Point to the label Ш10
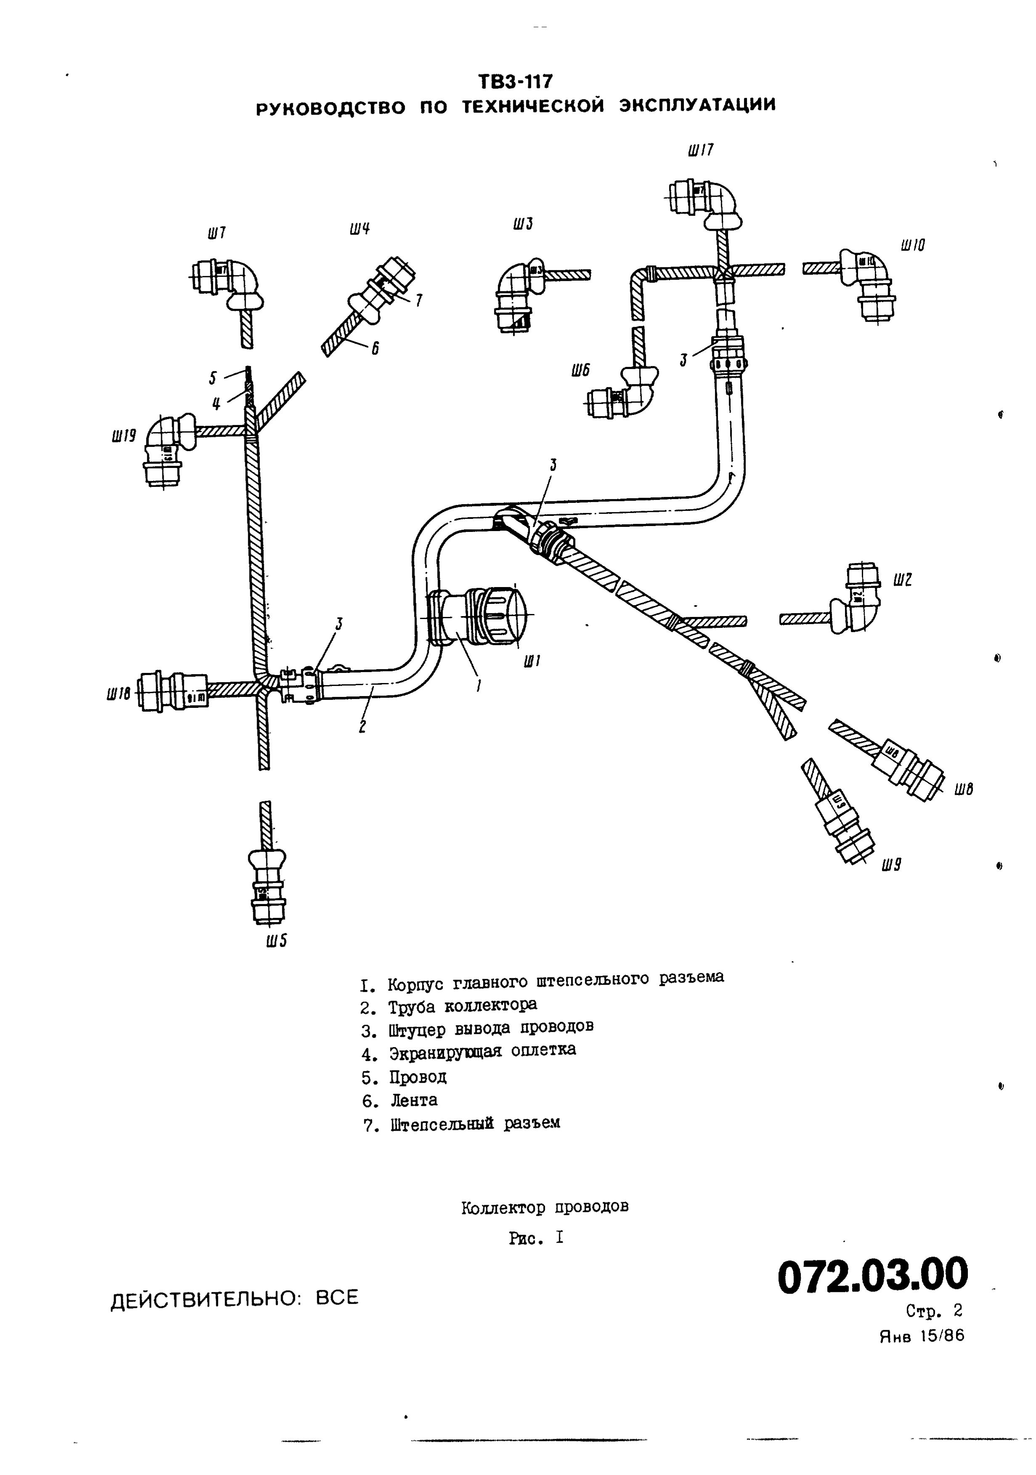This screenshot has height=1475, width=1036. click(913, 245)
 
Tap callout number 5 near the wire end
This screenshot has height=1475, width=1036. click(212, 378)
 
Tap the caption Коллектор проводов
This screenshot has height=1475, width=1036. click(544, 1207)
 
